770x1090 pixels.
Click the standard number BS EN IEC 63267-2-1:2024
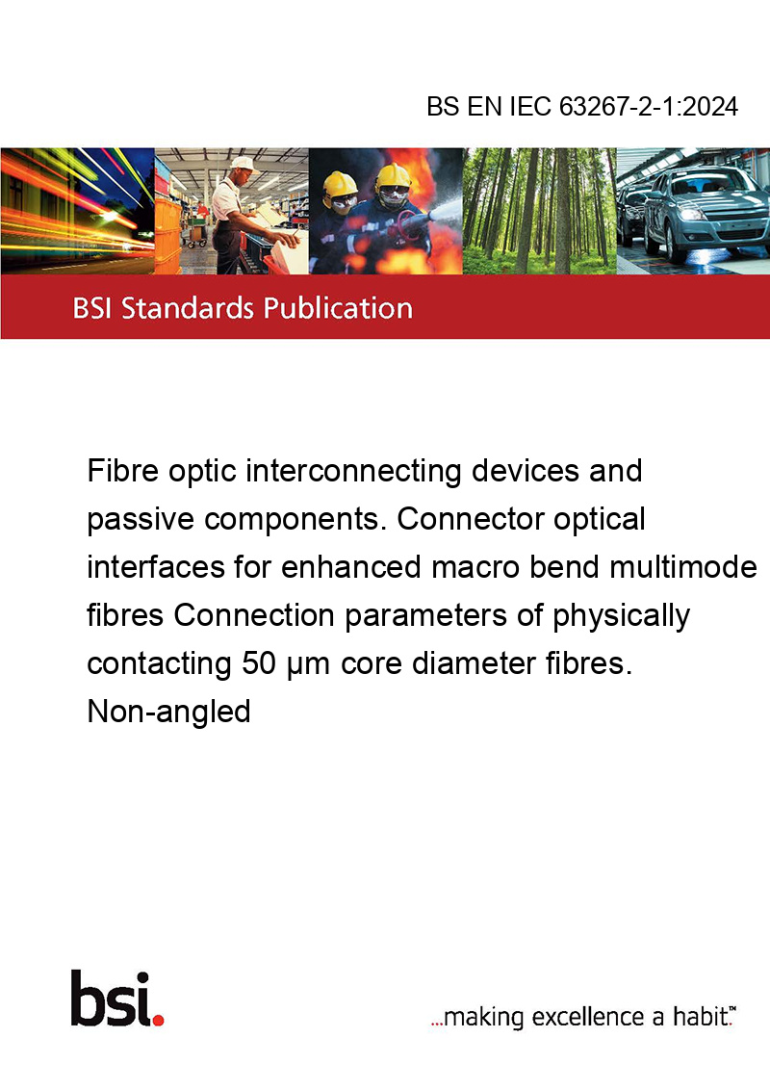(582, 106)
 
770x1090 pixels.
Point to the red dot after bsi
(158, 1020)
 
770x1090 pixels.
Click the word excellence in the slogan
(589, 1017)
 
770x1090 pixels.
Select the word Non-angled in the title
(168, 712)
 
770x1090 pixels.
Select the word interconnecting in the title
(354, 472)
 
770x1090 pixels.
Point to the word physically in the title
(621, 616)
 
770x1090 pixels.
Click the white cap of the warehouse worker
(243, 164)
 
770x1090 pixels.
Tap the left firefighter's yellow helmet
(340, 184)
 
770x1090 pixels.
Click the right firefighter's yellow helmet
(393, 175)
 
